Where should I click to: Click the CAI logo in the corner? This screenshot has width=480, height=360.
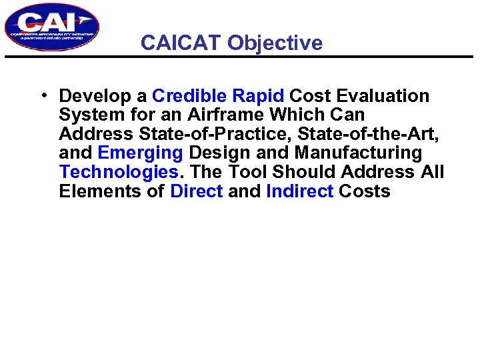(x=51, y=27)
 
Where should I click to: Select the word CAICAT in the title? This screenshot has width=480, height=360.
(x=181, y=43)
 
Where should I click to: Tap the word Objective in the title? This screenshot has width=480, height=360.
(x=275, y=43)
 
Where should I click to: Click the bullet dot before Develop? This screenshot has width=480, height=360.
(x=43, y=95)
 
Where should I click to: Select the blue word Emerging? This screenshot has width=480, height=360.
(x=140, y=153)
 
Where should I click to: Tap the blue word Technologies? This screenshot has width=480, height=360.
(x=118, y=172)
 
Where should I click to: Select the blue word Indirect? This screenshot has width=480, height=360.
(x=299, y=191)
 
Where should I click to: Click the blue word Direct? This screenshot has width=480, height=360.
(x=197, y=191)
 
